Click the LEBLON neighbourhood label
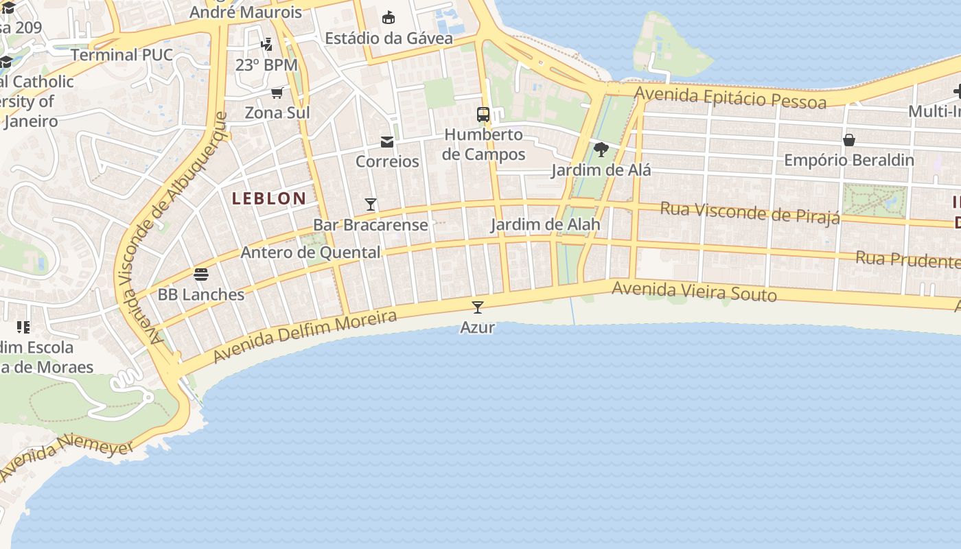269,199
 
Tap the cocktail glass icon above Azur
478,307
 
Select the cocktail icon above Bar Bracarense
371,204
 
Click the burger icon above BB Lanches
201,274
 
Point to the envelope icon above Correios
387,142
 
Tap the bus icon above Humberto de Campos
483,114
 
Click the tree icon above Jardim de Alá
601,149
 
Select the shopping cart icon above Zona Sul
277,93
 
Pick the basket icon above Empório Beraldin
849,140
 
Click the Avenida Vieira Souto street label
694,292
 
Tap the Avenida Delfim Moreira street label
305,336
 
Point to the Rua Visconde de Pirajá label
750,212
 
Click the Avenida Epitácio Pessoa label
730,97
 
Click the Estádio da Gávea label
389,38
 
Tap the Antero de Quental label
310,253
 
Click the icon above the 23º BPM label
266,45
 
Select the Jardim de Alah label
545,224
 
